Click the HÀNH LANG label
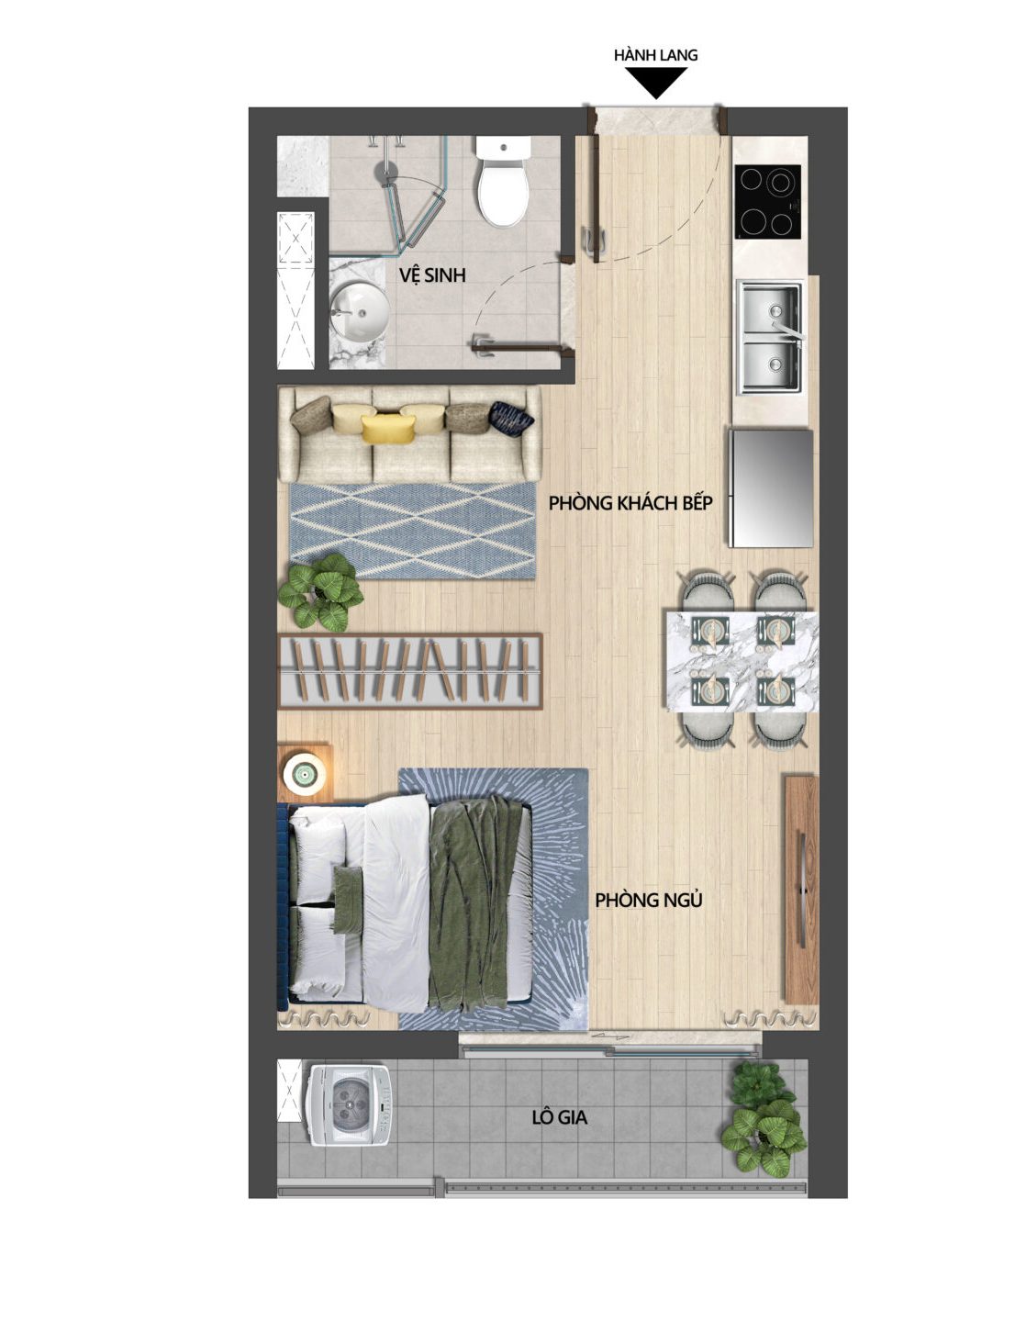click(655, 55)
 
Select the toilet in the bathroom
click(503, 184)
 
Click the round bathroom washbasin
click(359, 309)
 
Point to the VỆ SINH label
click(432, 275)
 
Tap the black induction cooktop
click(767, 200)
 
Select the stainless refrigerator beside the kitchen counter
click(771, 488)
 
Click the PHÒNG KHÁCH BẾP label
click(630, 503)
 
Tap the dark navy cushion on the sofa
click(510, 418)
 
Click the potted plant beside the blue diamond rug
click(321, 591)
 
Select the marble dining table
click(742, 660)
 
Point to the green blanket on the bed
click(479, 902)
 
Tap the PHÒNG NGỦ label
click(648, 900)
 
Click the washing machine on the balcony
click(349, 1104)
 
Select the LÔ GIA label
click(559, 1117)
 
